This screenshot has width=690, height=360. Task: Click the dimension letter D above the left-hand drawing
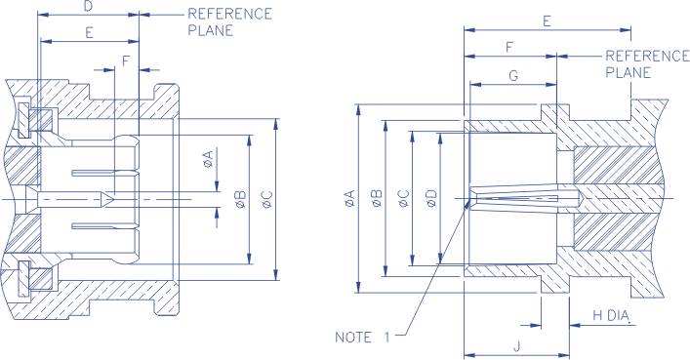(89, 6)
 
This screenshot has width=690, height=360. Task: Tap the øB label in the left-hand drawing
(240, 201)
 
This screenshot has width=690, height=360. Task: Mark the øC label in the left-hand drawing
(266, 201)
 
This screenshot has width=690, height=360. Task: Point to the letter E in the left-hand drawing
(89, 32)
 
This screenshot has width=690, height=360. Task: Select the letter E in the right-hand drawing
(546, 20)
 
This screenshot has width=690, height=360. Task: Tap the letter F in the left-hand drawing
(125, 60)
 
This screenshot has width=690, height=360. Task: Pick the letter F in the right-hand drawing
(510, 47)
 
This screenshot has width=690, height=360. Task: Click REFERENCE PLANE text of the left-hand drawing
(229, 21)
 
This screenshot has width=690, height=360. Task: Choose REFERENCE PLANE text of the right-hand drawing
(647, 63)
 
